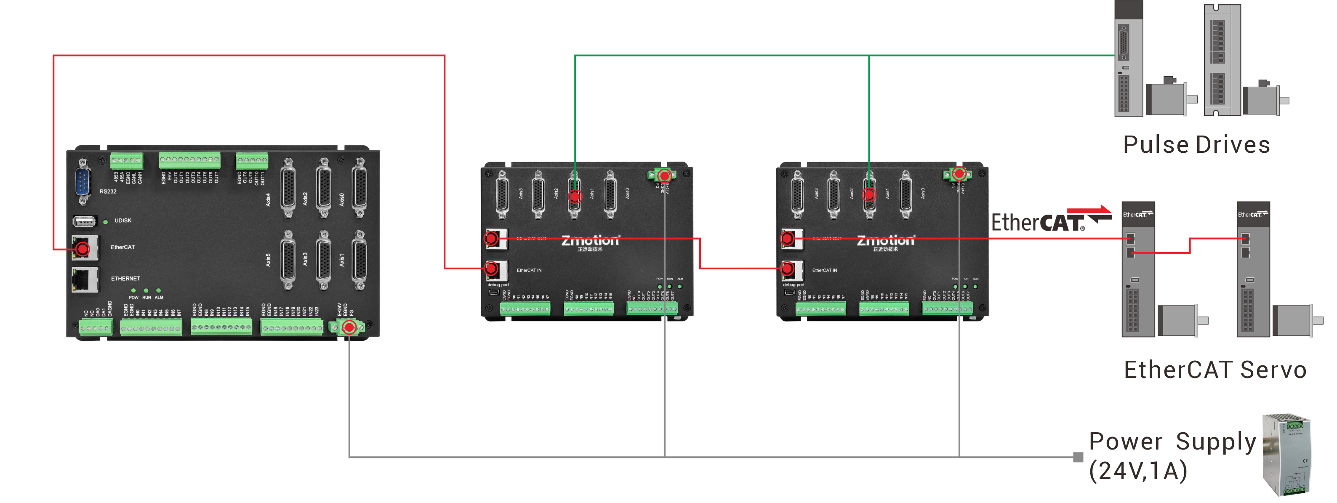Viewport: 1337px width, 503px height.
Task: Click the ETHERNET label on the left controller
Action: pos(125,279)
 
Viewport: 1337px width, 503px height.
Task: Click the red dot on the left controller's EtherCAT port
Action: pos(83,249)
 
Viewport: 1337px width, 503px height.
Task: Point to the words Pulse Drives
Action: pos(1196,145)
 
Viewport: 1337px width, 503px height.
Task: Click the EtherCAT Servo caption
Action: pos(1214,370)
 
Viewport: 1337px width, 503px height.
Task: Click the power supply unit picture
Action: pos(1287,455)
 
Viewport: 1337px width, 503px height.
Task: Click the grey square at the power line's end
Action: pos(1078,457)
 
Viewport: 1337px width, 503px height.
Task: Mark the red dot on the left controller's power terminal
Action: pos(349,327)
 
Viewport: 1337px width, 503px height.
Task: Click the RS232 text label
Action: pos(108,192)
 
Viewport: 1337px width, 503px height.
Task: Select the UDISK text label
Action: pos(123,221)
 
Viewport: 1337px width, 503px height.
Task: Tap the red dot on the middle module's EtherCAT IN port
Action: pos(491,269)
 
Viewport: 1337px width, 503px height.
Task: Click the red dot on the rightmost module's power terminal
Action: pos(959,173)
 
